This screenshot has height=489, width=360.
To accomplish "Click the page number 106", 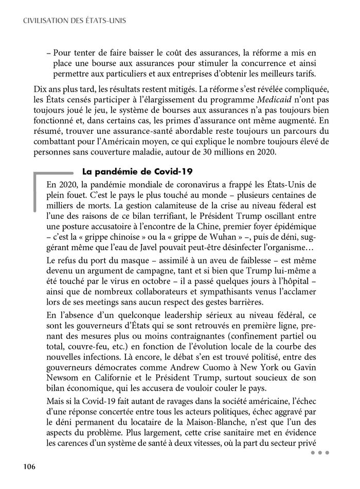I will coord(28,466).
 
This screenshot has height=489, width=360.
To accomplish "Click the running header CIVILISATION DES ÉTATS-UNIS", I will coord(75,21).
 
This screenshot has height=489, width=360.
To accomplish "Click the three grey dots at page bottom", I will coord(319,452).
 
